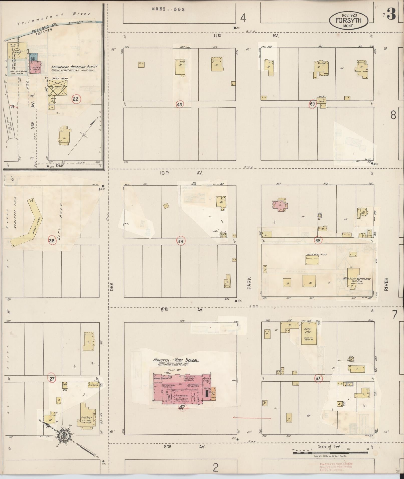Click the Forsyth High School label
pos(176,361)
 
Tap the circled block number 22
pos(75,99)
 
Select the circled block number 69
pos(312,104)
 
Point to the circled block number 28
pos(52,241)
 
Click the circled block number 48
pos(181,242)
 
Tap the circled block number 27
pos(52,379)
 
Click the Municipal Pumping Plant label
pos(74,67)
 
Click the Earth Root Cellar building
pos(312,260)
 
